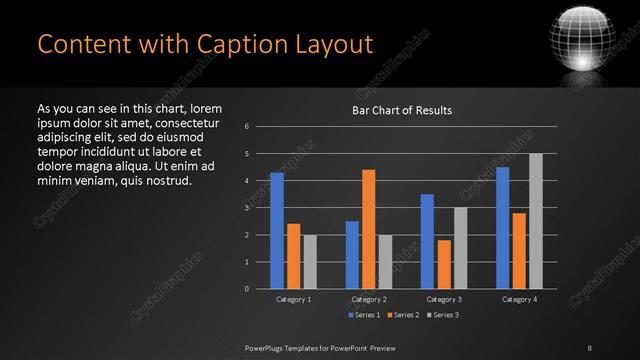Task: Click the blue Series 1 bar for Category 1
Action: point(277,231)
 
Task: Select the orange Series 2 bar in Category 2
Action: point(368,229)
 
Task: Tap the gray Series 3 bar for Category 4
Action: point(535,221)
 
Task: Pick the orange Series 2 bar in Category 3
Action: point(443,264)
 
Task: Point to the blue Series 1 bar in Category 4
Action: point(502,228)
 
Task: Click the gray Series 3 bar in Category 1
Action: point(310,262)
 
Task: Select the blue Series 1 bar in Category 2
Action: point(352,255)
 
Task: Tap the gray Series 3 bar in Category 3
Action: point(460,248)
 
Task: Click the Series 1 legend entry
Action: point(364,315)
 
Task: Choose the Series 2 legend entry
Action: point(402,315)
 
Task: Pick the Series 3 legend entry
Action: point(441,315)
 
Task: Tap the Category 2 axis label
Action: point(368,299)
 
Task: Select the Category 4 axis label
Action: point(518,299)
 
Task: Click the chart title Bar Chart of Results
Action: point(402,110)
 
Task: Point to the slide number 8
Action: point(590,347)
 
